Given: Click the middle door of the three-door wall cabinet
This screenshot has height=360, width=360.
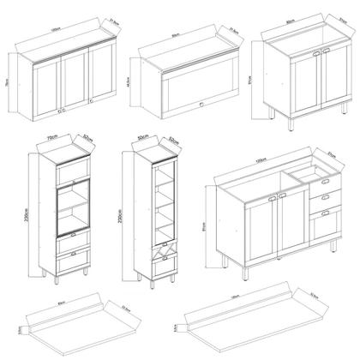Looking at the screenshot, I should pos(74,86).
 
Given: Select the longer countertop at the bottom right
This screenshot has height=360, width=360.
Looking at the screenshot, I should pos(257,321).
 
